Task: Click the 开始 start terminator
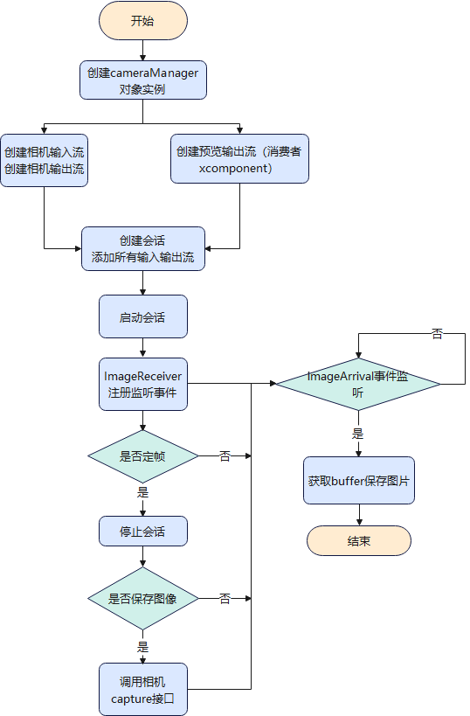(142, 21)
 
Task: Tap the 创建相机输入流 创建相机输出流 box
(44, 158)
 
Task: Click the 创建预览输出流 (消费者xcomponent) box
(239, 158)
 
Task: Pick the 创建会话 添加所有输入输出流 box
(142, 249)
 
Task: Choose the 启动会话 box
(142, 316)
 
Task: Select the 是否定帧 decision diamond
(142, 455)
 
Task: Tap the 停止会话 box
(142, 531)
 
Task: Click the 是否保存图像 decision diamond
(142, 599)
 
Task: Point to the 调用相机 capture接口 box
(142, 689)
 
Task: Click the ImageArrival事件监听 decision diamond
(358, 384)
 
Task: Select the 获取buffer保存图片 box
(358, 481)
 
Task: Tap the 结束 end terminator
(358, 540)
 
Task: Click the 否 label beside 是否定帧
(225, 455)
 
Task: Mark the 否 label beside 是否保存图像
(225, 599)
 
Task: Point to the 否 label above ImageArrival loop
(437, 334)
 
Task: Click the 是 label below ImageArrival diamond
(358, 434)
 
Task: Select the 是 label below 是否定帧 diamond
(142, 492)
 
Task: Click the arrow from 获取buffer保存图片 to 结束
(358, 515)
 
